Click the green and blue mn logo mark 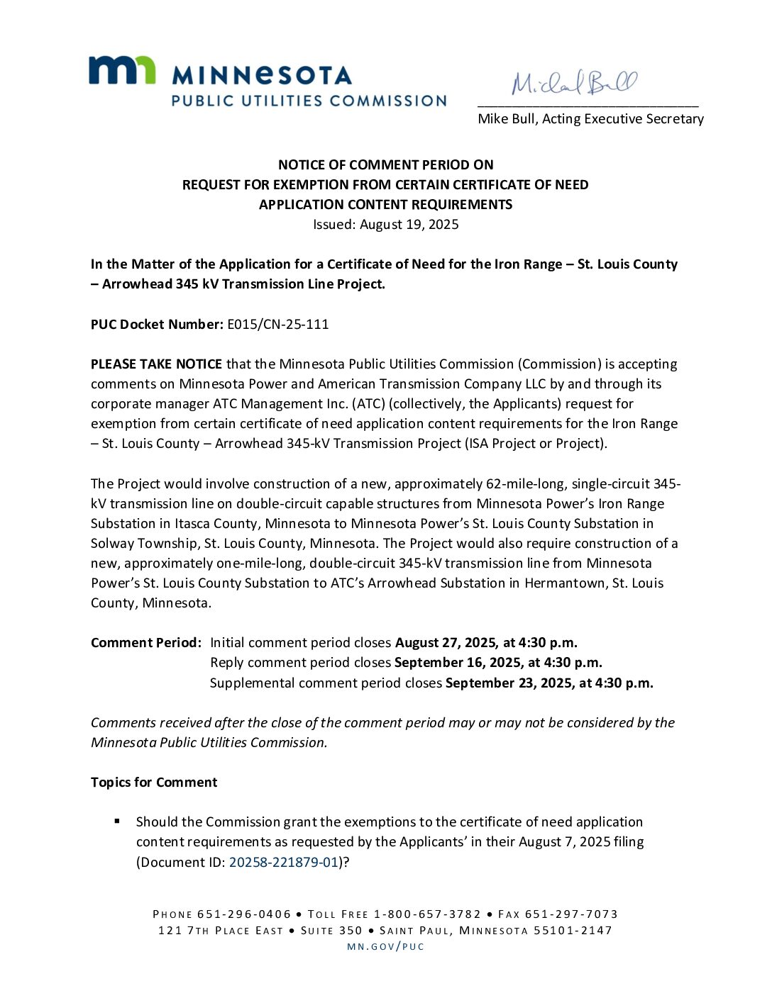[x=121, y=71]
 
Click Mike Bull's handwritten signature [x=574, y=83]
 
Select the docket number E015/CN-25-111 [x=277, y=325]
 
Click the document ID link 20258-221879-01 [x=283, y=862]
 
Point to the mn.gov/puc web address [x=385, y=946]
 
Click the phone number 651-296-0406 [x=244, y=914]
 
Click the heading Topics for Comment [x=154, y=783]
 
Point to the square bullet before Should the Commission [x=117, y=822]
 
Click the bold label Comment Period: [x=146, y=643]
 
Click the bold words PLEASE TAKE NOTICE [x=156, y=364]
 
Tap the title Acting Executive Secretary [x=623, y=119]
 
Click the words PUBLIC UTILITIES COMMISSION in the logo [x=309, y=101]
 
